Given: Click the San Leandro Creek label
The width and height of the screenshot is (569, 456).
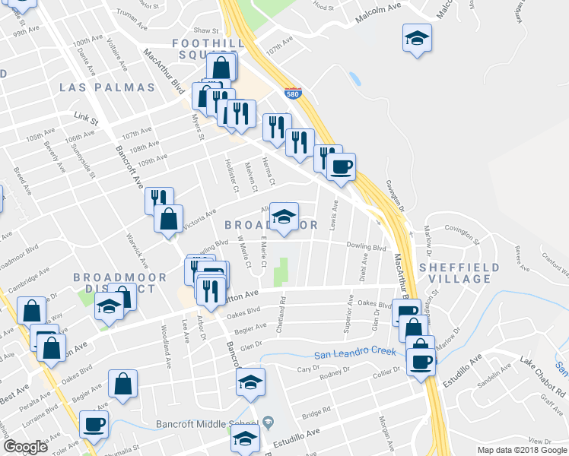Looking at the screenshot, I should click(x=357, y=352).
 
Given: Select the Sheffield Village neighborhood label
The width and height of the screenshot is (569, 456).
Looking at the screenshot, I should click(x=459, y=274).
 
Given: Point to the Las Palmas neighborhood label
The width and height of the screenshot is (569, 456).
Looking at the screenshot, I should click(x=107, y=87).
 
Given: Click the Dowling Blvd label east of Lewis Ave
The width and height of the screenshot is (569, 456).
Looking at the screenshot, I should click(x=368, y=247).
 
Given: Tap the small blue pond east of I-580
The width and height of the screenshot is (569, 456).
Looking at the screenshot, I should click(x=354, y=78).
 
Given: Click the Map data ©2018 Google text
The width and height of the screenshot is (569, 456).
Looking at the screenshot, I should click(x=521, y=450).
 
